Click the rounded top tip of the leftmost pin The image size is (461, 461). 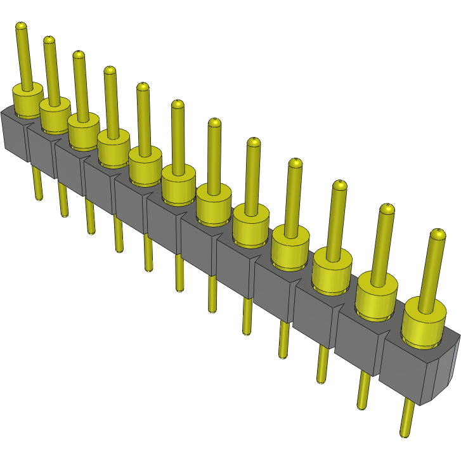coord(21,26)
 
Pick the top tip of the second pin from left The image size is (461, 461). coord(48,40)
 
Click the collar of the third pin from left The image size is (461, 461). coord(83,129)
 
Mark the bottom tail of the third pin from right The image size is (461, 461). coord(323,365)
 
